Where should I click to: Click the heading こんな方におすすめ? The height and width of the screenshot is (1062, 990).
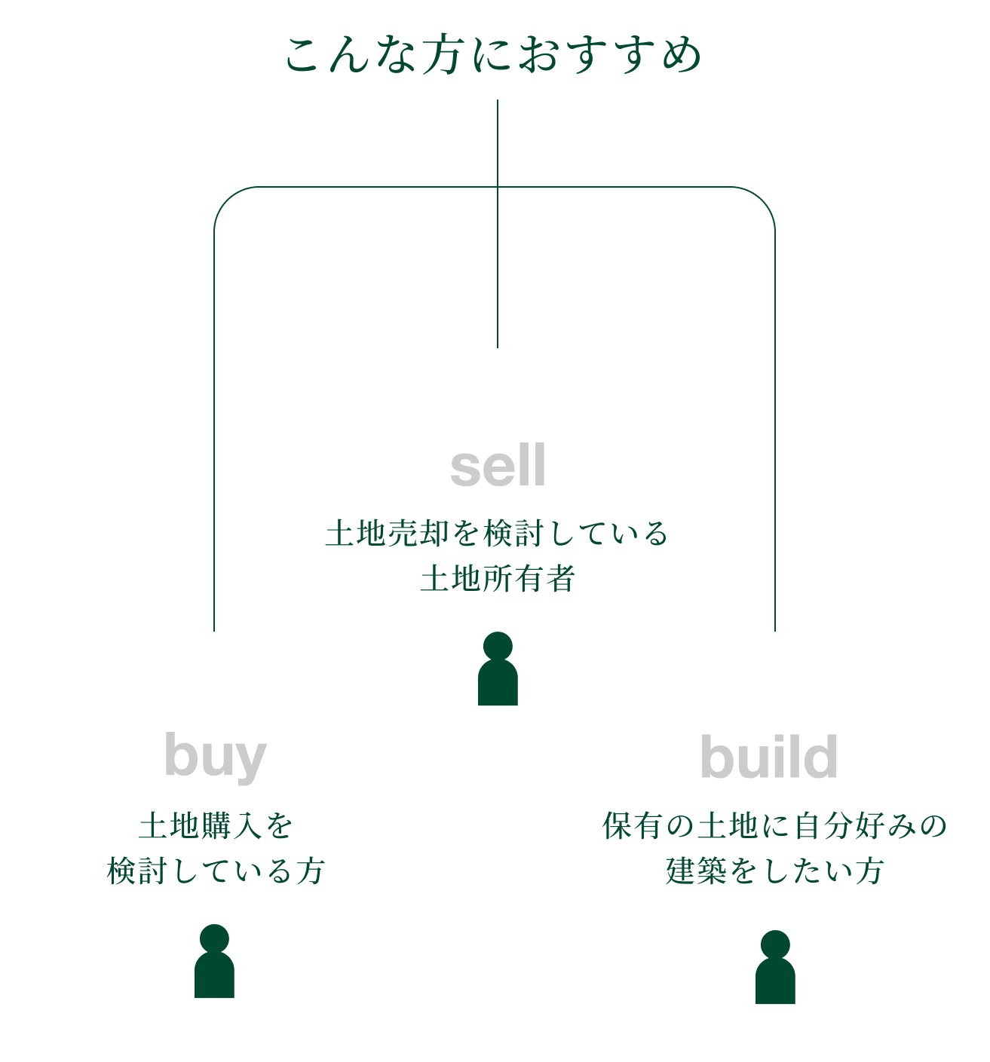tap(494, 56)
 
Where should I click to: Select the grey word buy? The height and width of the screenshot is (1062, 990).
tap(216, 757)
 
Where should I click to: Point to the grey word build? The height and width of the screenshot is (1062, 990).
tap(768, 757)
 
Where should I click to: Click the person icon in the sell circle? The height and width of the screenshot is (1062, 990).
tap(498, 670)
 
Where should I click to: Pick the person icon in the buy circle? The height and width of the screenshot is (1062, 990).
tap(214, 962)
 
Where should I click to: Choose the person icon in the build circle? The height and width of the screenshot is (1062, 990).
tap(775, 968)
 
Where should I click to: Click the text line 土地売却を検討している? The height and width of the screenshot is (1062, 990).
tap(498, 534)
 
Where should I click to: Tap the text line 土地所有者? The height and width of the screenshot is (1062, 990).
tap(498, 579)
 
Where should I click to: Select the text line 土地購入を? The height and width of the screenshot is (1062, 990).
tap(216, 826)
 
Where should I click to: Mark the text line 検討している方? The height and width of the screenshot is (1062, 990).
tap(216, 871)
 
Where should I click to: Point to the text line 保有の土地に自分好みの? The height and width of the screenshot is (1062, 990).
tap(774, 826)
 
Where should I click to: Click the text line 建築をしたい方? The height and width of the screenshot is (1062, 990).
tap(774, 871)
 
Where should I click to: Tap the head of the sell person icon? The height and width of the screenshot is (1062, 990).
tap(498, 646)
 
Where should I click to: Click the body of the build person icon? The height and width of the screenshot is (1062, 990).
tap(775, 983)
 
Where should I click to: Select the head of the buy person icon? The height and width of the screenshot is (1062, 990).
tap(214, 939)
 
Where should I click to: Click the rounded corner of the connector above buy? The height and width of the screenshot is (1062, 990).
tap(225, 197)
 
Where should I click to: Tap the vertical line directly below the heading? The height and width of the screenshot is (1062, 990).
tap(498, 143)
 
